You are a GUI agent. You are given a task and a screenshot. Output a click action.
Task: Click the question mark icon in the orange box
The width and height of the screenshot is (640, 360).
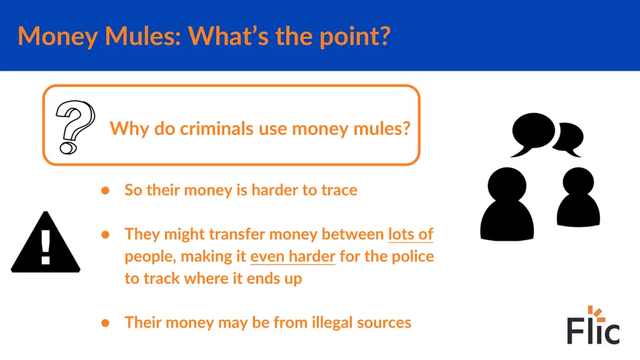[x=74, y=127]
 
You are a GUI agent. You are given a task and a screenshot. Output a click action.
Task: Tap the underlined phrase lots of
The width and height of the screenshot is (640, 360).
[x=411, y=234]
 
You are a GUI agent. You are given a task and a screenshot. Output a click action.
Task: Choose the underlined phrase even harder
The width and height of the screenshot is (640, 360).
[x=292, y=256]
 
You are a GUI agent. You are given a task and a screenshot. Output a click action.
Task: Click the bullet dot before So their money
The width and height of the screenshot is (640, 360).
[x=106, y=190]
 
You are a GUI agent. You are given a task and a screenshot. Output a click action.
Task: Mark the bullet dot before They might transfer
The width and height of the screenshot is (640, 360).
[x=106, y=234]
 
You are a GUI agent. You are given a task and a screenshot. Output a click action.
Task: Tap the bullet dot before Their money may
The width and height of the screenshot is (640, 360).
[x=106, y=322]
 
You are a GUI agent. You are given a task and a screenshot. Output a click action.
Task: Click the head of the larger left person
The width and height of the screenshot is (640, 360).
[x=507, y=184]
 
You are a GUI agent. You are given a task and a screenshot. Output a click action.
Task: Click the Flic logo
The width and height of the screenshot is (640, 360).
[x=593, y=326]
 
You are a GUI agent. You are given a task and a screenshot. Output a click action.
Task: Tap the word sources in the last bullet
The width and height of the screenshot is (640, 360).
[x=382, y=322]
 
